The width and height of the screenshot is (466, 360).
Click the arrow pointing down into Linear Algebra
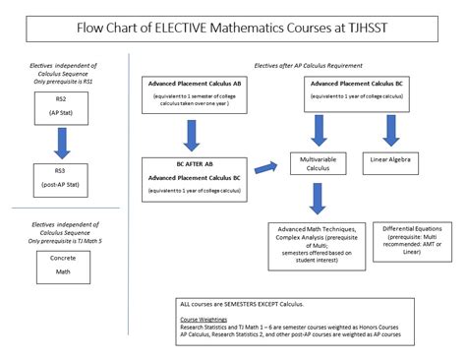392,129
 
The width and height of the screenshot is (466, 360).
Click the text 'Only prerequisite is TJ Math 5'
61,241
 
